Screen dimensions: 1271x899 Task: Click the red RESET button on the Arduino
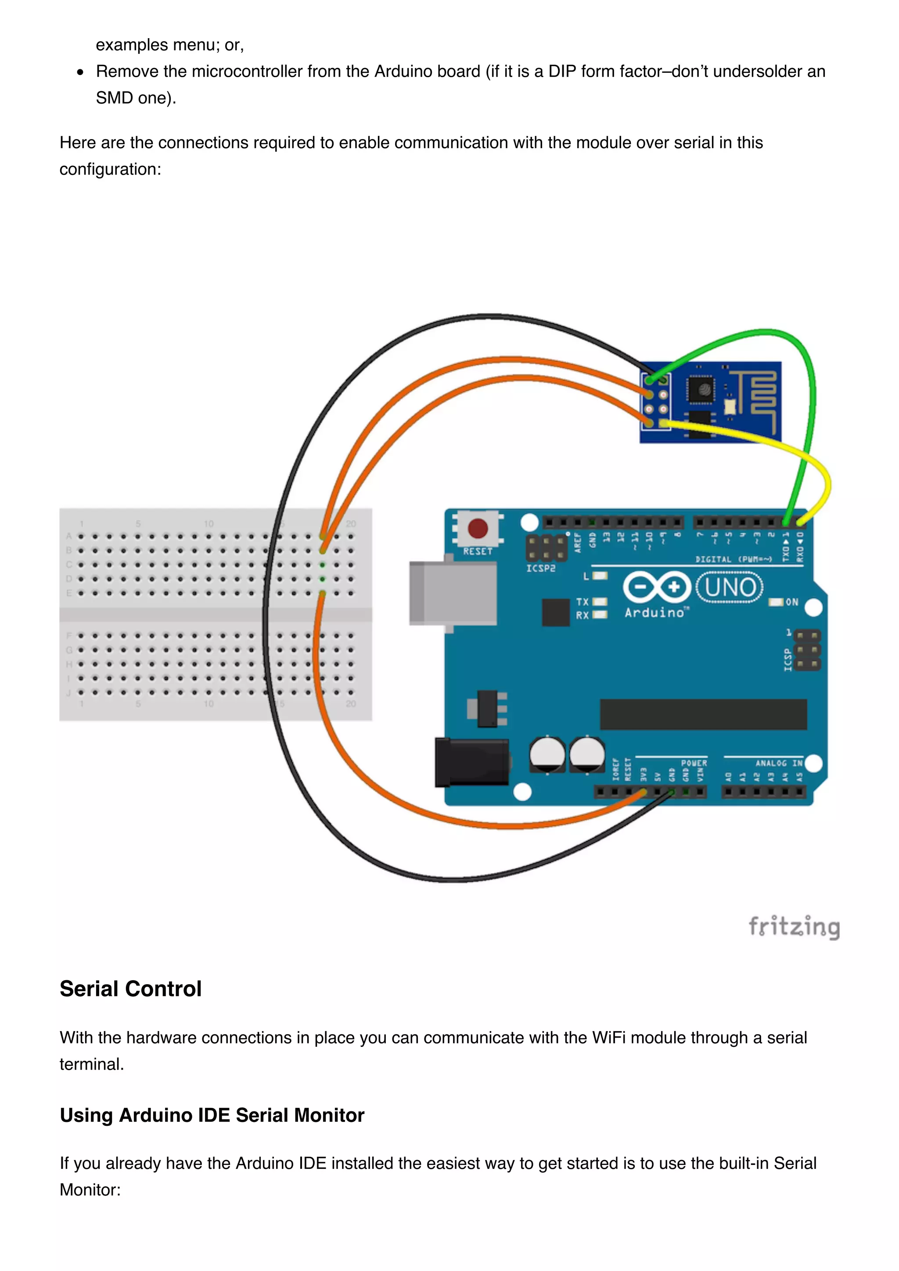(x=478, y=528)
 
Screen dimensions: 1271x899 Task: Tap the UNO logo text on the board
(x=730, y=587)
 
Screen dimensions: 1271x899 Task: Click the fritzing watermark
(x=794, y=927)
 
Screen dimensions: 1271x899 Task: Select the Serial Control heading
(x=131, y=989)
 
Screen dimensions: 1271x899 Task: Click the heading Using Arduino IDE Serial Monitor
(x=212, y=1115)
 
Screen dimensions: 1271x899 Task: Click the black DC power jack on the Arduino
(x=471, y=762)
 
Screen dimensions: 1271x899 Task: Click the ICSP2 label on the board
(x=541, y=568)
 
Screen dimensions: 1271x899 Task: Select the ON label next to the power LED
(x=791, y=602)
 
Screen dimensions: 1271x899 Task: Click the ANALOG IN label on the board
(x=779, y=763)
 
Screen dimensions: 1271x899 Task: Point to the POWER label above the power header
(x=694, y=763)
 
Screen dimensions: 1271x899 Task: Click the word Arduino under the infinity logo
(x=654, y=613)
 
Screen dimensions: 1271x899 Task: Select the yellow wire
(x=776, y=443)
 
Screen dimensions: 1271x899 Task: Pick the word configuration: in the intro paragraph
(x=110, y=169)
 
